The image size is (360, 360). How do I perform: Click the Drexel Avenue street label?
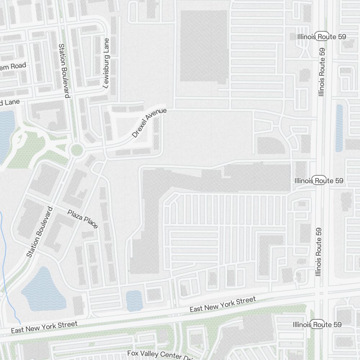pyautogui.click(x=149, y=123)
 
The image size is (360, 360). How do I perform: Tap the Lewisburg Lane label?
pyautogui.click(x=106, y=63)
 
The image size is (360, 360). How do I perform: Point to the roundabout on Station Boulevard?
pyautogui.click(x=76, y=150)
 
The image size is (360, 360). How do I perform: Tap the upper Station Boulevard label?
pyautogui.click(x=64, y=71)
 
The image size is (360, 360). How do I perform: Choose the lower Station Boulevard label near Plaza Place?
pyautogui.click(x=40, y=232)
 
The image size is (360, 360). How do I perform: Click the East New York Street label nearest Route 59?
pyautogui.click(x=222, y=305)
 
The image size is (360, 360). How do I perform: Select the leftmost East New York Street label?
pyautogui.click(x=44, y=327)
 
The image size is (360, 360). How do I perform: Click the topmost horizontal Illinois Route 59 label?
pyautogui.click(x=322, y=37)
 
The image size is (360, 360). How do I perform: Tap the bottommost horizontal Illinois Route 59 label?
pyautogui.click(x=317, y=324)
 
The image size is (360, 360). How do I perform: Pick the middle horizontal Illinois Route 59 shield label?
pyautogui.click(x=319, y=180)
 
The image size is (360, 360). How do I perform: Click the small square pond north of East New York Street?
pyautogui.click(x=134, y=301)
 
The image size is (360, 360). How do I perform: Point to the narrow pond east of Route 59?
pyautogui.click(x=339, y=128)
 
